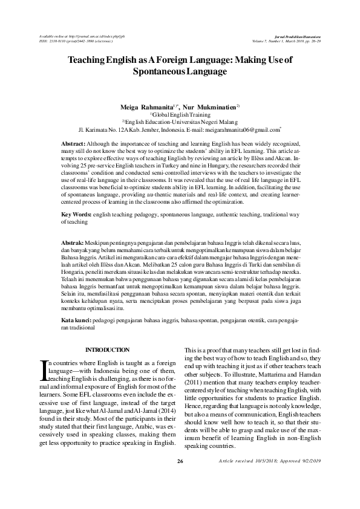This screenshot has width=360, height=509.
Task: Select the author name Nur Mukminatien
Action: (x=207, y=106)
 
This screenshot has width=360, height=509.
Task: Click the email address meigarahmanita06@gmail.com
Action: (x=243, y=130)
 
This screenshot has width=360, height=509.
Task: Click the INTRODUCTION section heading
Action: (x=108, y=350)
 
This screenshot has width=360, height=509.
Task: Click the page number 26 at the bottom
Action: (x=180, y=496)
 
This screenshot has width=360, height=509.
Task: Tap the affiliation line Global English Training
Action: (x=180, y=114)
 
